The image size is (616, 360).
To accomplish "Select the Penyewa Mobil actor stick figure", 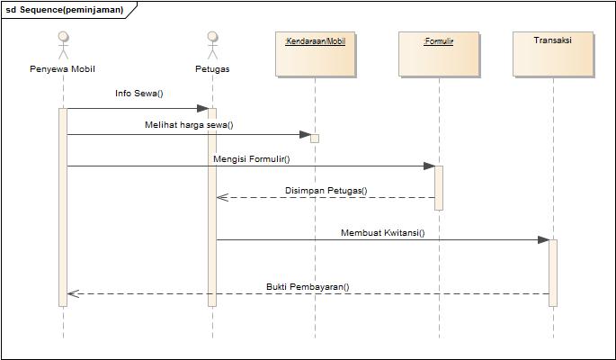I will point(63,46).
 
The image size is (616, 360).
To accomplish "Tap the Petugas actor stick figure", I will point(212,46).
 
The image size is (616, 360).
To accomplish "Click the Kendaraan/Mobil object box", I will point(315,54).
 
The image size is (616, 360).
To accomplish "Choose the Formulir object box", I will point(439,54).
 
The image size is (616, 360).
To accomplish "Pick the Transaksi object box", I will point(553,54).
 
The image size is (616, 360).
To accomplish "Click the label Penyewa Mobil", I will point(62,69).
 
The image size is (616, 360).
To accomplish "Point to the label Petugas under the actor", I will point(212,69).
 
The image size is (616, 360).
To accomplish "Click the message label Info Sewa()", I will point(139,94).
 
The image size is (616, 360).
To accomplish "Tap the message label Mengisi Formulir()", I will point(252,158).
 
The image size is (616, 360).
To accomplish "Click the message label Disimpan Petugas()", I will point(326,191).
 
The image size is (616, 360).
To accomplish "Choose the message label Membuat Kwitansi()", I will point(382,232).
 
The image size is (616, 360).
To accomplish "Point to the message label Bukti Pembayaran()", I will point(308,287).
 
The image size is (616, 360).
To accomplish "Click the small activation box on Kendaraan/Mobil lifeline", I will point(315,138).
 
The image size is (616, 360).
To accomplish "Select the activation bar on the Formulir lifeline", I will point(439,187).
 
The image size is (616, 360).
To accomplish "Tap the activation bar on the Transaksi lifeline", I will point(553,272).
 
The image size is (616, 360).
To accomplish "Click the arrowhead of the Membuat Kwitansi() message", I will point(543,239).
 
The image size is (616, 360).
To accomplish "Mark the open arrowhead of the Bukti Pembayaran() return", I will point(73,293).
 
